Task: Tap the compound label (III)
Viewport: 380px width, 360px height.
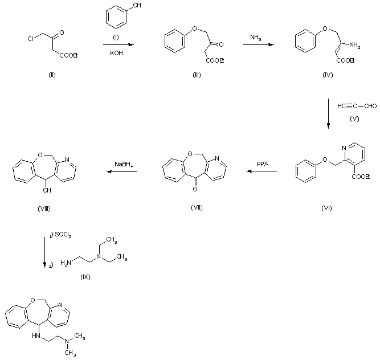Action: coord(197,75)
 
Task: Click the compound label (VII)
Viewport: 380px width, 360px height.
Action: coord(197,206)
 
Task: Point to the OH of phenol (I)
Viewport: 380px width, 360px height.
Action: coord(132,6)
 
